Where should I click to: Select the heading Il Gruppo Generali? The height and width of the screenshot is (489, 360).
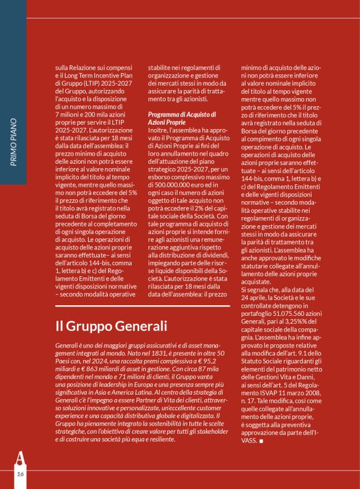[111, 326]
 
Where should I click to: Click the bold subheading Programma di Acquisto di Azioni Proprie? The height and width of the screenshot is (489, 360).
[182, 119]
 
